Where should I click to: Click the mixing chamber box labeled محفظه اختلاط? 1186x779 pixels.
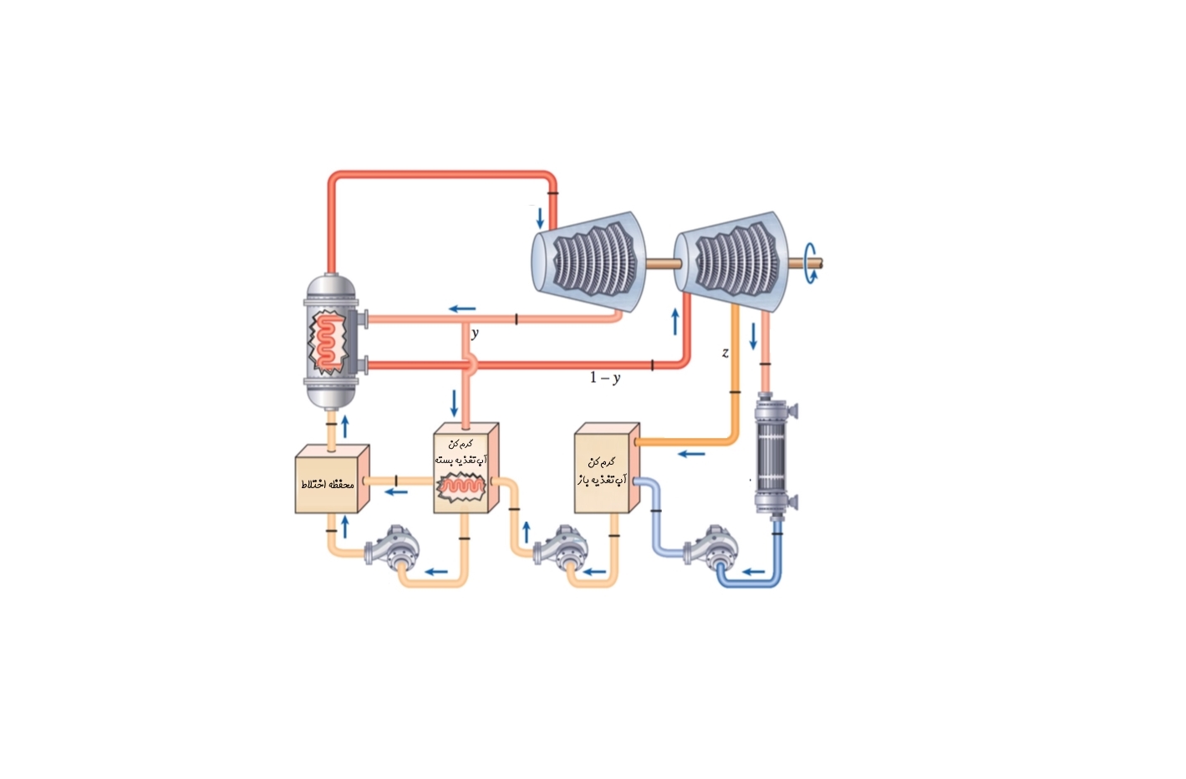[331, 480]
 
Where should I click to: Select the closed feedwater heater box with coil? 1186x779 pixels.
[465, 467]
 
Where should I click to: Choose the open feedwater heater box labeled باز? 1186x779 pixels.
[606, 468]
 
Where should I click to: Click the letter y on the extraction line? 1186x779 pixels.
[475, 333]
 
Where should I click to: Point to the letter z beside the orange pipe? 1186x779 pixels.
[725, 353]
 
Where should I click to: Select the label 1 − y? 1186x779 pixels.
[605, 378]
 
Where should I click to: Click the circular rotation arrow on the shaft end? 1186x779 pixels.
[809, 263]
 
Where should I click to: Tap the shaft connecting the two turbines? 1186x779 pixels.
[660, 263]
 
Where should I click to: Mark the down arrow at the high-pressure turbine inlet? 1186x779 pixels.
[540, 218]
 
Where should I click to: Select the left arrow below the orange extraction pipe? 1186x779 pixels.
[691, 455]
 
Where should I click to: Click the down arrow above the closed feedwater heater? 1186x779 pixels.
[454, 403]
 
